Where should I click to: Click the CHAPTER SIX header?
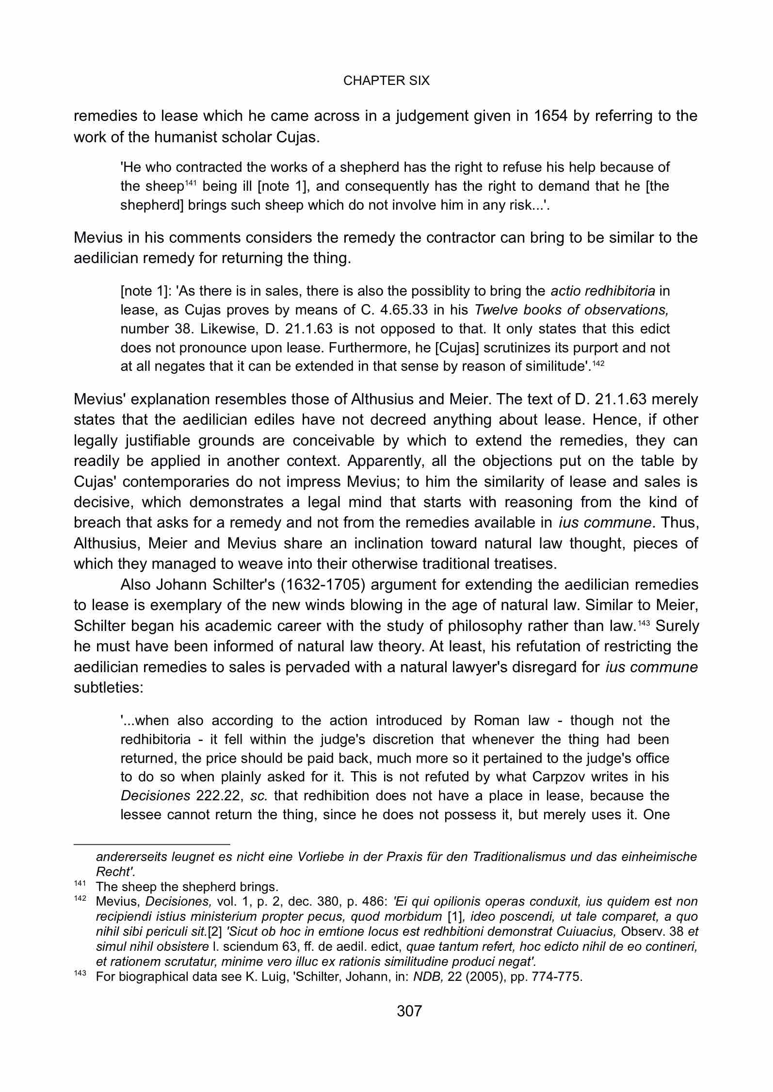(386, 81)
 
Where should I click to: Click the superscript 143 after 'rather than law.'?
(644, 623)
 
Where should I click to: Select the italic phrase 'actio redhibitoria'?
(603, 291)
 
